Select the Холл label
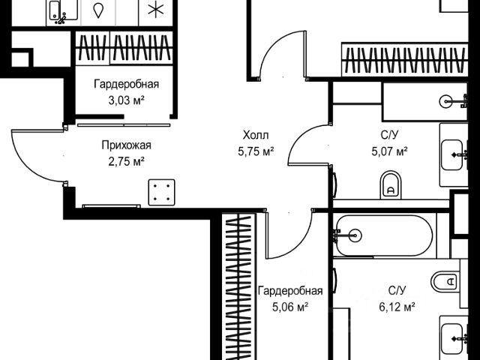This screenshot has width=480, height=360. click(x=255, y=136)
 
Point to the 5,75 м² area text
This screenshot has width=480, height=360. click(x=255, y=150)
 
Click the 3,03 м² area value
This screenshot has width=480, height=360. click(x=127, y=99)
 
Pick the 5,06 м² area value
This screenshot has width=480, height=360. click(x=290, y=306)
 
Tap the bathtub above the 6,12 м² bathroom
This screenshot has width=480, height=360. click(x=382, y=235)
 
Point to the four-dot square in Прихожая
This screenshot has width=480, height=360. click(x=160, y=191)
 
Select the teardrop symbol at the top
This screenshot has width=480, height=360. click(x=98, y=10)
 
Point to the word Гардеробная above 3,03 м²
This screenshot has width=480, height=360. click(x=127, y=85)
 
